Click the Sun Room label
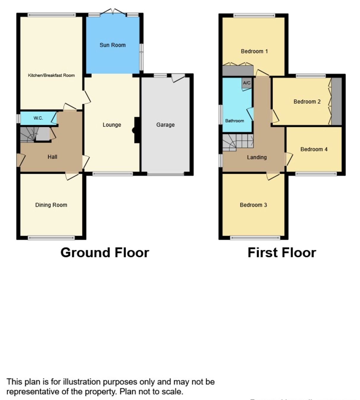tap(112, 45)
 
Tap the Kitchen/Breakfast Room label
tap(51, 75)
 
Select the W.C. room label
tap(38, 118)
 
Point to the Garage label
tap(165, 125)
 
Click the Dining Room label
tap(51, 205)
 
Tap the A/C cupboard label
tap(247, 83)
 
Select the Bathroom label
tap(234, 121)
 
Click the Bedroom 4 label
tap(314, 149)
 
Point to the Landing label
tap(257, 158)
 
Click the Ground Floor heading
tap(105, 253)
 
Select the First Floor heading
tap(282, 253)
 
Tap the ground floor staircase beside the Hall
tap(28, 134)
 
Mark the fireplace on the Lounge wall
tap(136, 130)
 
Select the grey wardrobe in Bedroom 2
tap(337, 102)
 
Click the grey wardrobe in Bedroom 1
tap(238, 71)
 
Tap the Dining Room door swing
tap(72, 176)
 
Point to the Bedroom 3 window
tap(255, 238)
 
